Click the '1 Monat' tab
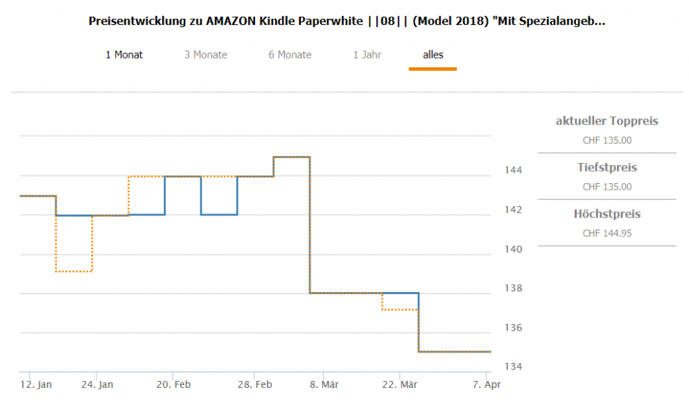click(x=124, y=55)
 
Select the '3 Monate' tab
click(x=205, y=55)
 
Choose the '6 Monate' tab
click(x=290, y=55)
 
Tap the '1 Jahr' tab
click(x=367, y=55)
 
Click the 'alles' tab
click(x=433, y=55)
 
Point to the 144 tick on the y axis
click(x=513, y=170)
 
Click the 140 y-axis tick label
click(x=513, y=249)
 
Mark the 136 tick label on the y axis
click(x=513, y=328)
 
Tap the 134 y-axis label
click(x=513, y=367)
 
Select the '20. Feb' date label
click(x=173, y=384)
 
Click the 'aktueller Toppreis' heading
click(x=607, y=121)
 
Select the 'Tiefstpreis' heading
click(x=607, y=167)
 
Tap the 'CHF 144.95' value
click(x=607, y=233)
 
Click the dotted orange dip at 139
click(x=74, y=271)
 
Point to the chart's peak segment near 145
click(x=291, y=157)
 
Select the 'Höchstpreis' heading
click(x=607, y=214)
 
